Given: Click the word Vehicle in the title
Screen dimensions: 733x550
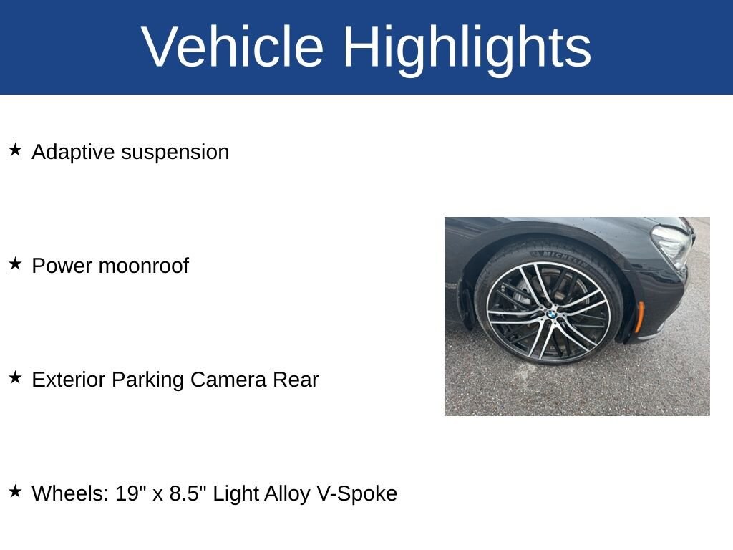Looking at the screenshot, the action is [233, 47].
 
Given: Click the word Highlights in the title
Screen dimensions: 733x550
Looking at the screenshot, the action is [467, 49].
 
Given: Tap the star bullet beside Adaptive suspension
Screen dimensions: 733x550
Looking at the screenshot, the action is [16, 150].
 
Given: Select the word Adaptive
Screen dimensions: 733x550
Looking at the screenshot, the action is [73, 153].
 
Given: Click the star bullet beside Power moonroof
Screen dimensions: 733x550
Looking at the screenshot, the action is [16, 264].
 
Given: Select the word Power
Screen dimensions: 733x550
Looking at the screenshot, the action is [62, 266].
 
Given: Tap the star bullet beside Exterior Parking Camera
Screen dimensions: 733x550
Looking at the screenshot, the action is [16, 377].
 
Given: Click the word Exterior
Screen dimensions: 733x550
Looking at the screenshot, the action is [68, 380].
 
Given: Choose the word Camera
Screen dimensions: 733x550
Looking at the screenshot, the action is [228, 380].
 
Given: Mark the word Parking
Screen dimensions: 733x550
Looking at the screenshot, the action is [147, 380].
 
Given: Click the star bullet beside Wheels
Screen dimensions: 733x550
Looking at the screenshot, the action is [16, 491].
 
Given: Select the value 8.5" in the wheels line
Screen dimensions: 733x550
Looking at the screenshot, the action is [188, 493].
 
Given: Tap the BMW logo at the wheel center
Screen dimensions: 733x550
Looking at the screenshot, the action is [552, 314].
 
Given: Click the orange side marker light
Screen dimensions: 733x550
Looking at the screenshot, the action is [639, 317].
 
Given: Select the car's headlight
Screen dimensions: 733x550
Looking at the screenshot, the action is [673, 246].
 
